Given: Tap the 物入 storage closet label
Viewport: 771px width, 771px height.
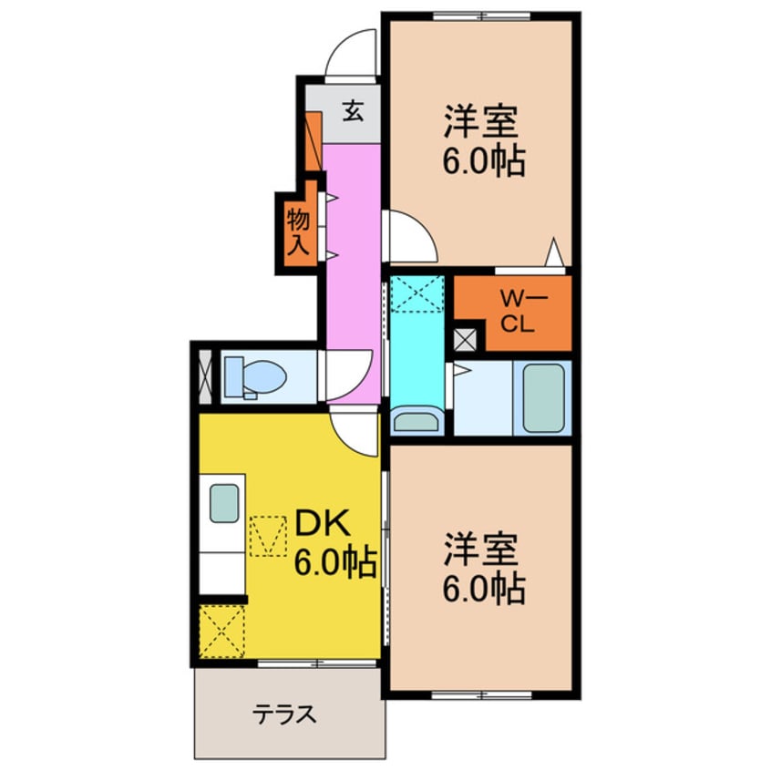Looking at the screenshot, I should point(297,231).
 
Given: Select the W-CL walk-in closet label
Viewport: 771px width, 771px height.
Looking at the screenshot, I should point(515,311).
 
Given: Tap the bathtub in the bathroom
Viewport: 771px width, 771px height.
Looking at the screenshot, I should point(543,398).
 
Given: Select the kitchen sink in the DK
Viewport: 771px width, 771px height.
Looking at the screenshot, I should point(224,503).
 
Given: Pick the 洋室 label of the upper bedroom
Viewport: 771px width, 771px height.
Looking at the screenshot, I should point(482,121).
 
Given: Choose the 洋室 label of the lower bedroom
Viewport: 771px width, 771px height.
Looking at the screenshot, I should point(482,549).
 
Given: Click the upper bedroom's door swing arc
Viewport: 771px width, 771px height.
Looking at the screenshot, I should point(409,236).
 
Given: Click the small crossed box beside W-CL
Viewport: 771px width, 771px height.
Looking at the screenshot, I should point(466,339).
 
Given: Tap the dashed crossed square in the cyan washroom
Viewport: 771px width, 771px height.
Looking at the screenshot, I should point(416,293).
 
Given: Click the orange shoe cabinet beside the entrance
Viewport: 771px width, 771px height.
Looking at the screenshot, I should point(313,141).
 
